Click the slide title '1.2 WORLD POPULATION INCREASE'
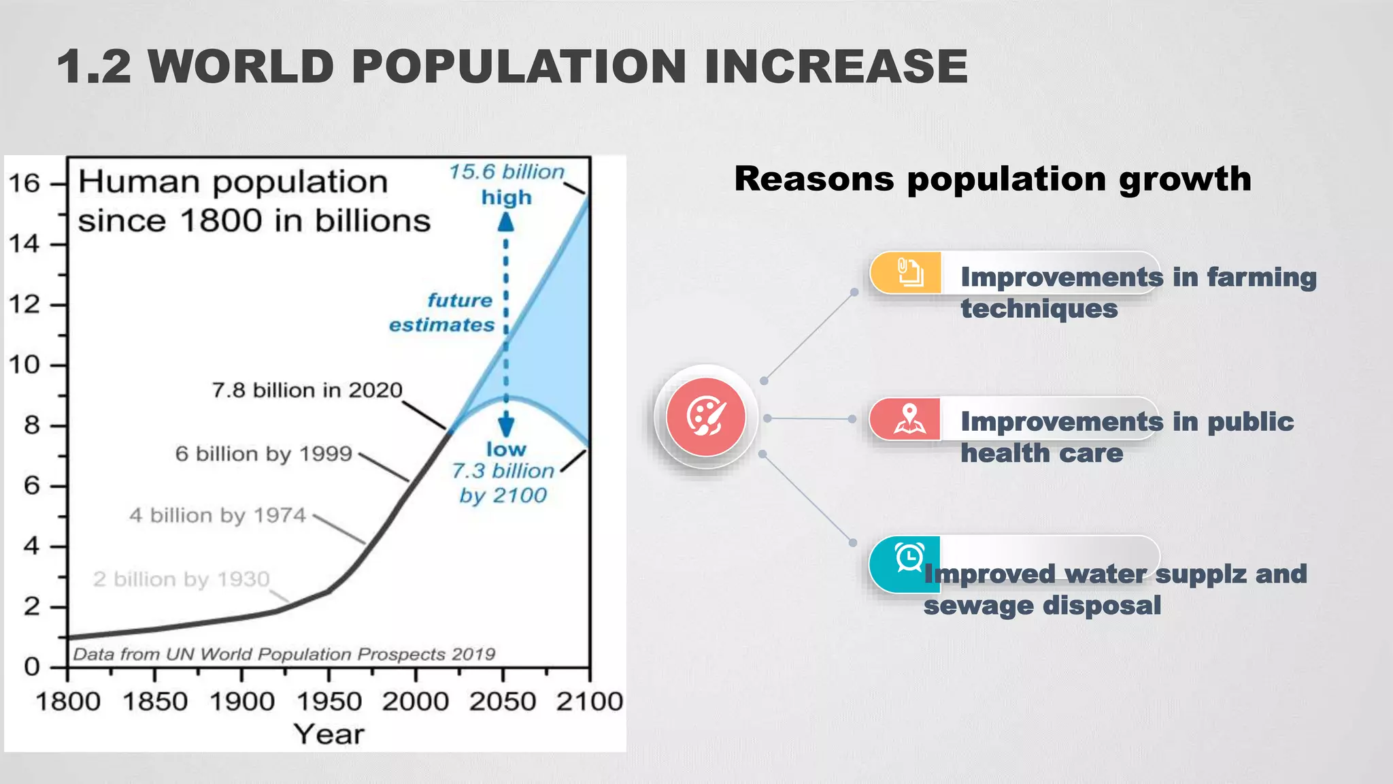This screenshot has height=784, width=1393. [x=511, y=67]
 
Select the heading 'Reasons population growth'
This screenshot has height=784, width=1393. [x=992, y=179]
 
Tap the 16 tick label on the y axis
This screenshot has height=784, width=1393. [x=24, y=183]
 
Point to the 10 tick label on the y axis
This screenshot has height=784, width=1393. [x=24, y=365]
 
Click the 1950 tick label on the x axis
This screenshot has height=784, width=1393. [x=329, y=701]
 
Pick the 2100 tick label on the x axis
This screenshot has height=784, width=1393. [x=589, y=701]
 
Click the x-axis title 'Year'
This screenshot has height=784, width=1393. [x=329, y=734]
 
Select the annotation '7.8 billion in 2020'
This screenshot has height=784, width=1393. [x=307, y=390]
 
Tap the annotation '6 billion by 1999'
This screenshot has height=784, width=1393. [x=264, y=454]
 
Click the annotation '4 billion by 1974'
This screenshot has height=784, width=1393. [x=218, y=515]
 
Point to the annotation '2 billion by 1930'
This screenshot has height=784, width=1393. [x=182, y=579]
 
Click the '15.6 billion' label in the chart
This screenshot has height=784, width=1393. [x=507, y=171]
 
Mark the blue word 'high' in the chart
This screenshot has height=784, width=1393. [x=506, y=197]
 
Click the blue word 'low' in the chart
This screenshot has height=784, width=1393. [x=506, y=449]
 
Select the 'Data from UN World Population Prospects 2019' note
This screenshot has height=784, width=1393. [x=284, y=654]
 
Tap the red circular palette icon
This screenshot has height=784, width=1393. [x=705, y=417]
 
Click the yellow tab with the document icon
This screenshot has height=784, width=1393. [x=906, y=273]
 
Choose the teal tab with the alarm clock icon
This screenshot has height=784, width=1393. [x=906, y=563]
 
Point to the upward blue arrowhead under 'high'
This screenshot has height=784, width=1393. [x=505, y=223]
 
